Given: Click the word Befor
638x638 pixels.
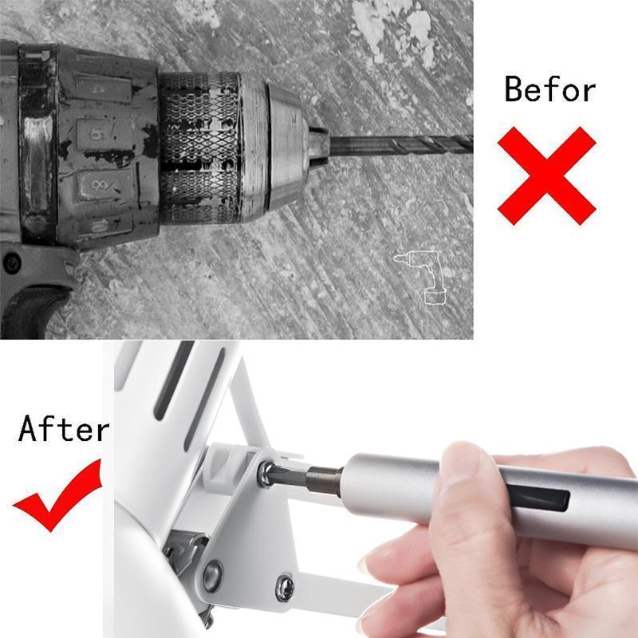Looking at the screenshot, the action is [549, 89].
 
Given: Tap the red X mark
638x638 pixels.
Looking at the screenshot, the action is [547, 175].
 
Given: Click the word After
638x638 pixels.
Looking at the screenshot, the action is [64, 428].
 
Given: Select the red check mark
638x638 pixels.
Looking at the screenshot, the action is [57, 495].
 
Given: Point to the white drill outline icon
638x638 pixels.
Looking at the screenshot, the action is [422, 277].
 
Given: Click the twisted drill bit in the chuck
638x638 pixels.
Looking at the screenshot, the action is [401, 145].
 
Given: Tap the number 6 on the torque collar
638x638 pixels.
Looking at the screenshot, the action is [95, 133].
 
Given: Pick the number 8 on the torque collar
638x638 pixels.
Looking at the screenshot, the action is [99, 186].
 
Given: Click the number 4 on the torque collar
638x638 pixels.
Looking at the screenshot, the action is [97, 89].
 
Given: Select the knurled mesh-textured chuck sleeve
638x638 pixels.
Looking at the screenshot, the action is [198, 148].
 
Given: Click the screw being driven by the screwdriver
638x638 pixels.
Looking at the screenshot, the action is [266, 473].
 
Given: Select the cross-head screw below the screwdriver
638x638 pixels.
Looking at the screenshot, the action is [285, 588].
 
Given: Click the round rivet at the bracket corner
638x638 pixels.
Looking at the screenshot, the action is [213, 575].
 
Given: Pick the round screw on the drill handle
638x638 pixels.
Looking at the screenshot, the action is [12, 262].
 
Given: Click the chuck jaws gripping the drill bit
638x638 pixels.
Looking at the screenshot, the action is [317, 146].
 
